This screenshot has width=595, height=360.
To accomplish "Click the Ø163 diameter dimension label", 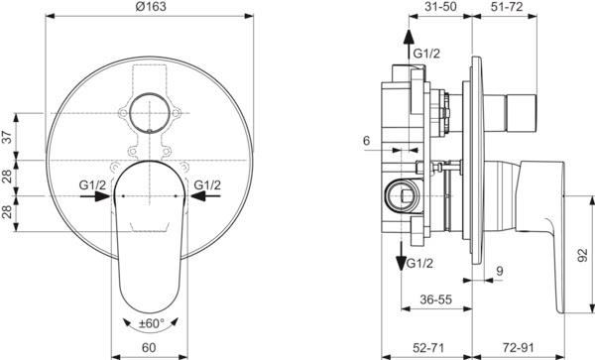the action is (x=151, y=7).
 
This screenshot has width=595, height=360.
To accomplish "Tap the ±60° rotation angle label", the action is (x=152, y=323).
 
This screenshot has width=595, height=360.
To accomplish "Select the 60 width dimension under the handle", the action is (x=149, y=347).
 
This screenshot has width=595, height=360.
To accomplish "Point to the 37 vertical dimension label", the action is (x=8, y=136).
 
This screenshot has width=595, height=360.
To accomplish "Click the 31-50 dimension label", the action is (x=439, y=6).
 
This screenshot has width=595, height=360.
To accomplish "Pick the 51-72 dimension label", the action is (x=507, y=6).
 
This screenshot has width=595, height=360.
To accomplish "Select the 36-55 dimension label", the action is (x=436, y=300).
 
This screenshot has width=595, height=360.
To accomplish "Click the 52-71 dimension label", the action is (x=427, y=347).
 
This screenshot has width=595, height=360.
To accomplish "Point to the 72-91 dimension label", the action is (x=518, y=347).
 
